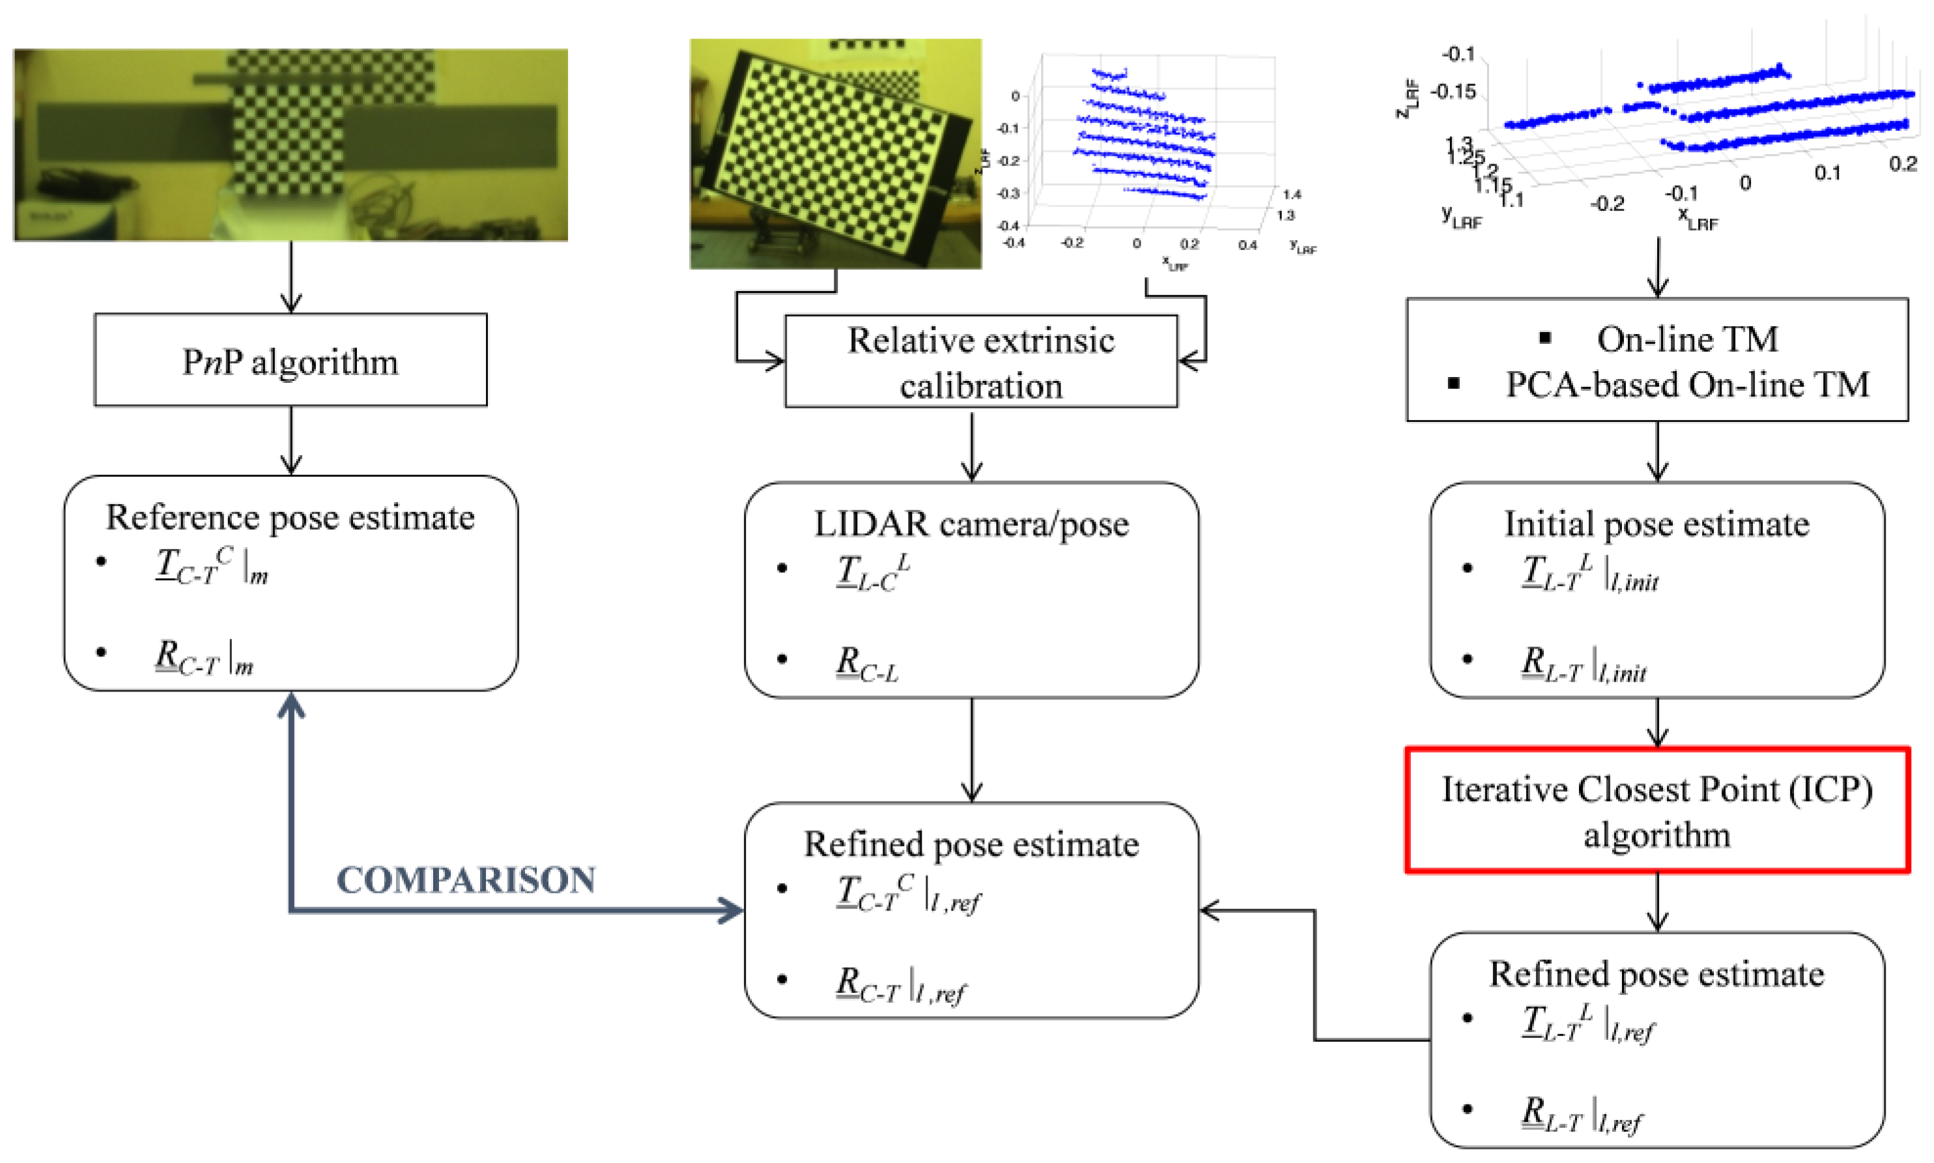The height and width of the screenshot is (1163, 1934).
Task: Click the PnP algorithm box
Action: tap(290, 361)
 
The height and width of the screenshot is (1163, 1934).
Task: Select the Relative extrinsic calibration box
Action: tap(980, 361)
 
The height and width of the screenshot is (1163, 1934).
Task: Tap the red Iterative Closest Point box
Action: tap(1656, 809)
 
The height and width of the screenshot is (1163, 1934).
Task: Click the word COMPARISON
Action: tap(466, 879)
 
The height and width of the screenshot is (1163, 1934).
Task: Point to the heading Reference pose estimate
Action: tap(290, 517)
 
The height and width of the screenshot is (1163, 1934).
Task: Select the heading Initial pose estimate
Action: tap(1656, 524)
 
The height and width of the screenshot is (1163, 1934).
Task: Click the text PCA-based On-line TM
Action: tap(1685, 385)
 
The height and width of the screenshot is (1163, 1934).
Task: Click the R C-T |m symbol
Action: tap(204, 657)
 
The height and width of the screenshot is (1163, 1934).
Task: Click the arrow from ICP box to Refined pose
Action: tap(1656, 901)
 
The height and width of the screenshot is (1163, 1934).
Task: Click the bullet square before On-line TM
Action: tap(1544, 338)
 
